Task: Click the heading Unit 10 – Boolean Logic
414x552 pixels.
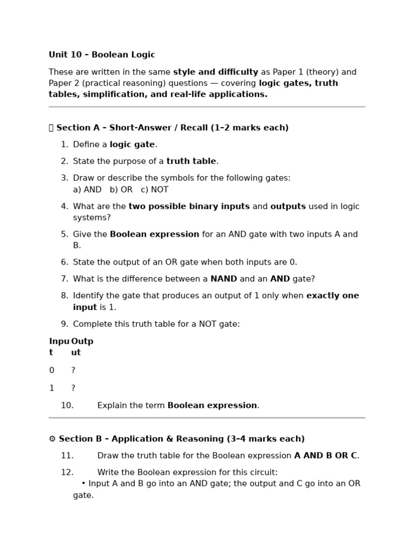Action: pyautogui.click(x=101, y=55)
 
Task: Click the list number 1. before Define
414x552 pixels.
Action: pyautogui.click(x=64, y=144)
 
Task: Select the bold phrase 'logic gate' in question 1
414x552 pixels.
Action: pyautogui.click(x=132, y=144)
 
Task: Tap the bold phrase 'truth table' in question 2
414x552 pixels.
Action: pyautogui.click(x=191, y=161)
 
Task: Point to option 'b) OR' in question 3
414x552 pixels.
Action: pyautogui.click(x=121, y=190)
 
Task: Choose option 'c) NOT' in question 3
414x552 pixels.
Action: pyautogui.click(x=155, y=190)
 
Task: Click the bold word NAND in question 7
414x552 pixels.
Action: pyautogui.click(x=224, y=279)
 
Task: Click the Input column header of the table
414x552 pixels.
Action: pyautogui.click(x=59, y=347)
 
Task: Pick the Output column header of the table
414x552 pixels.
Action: pyautogui.click(x=82, y=347)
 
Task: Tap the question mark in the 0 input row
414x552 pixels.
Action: pyautogui.click(x=73, y=370)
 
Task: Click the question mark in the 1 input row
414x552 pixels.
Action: pyautogui.click(x=73, y=388)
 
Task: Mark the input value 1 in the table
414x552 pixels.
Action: pyautogui.click(x=52, y=388)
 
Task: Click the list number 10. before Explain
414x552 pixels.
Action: pyautogui.click(x=67, y=405)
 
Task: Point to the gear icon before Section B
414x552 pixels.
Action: pyautogui.click(x=52, y=439)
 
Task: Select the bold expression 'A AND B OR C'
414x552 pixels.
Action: pyautogui.click(x=325, y=456)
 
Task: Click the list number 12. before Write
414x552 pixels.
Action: pyautogui.click(x=67, y=472)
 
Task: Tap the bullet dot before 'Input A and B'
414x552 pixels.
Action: pyautogui.click(x=84, y=484)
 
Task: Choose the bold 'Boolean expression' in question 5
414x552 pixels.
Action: pyautogui.click(x=154, y=234)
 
